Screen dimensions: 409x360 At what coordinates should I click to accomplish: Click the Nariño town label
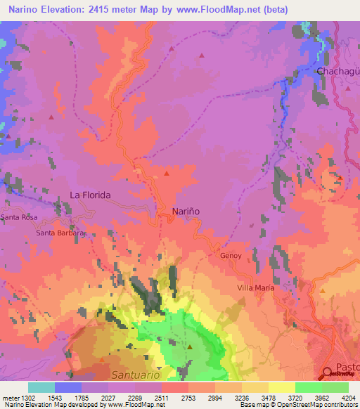186,211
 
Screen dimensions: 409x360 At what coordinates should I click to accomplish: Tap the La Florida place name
90,195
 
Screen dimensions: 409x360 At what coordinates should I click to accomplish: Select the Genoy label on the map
231,256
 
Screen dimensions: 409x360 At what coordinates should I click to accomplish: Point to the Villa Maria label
255,287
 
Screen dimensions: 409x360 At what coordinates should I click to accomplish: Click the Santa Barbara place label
60,233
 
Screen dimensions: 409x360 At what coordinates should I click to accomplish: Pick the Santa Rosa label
18,218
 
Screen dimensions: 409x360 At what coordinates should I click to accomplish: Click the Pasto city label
347,367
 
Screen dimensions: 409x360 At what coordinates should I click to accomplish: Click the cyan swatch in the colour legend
41,387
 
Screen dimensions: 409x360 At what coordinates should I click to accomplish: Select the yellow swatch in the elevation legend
281,387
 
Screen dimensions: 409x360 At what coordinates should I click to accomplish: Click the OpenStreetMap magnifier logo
328,373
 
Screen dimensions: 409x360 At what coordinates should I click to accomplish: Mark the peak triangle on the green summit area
190,346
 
